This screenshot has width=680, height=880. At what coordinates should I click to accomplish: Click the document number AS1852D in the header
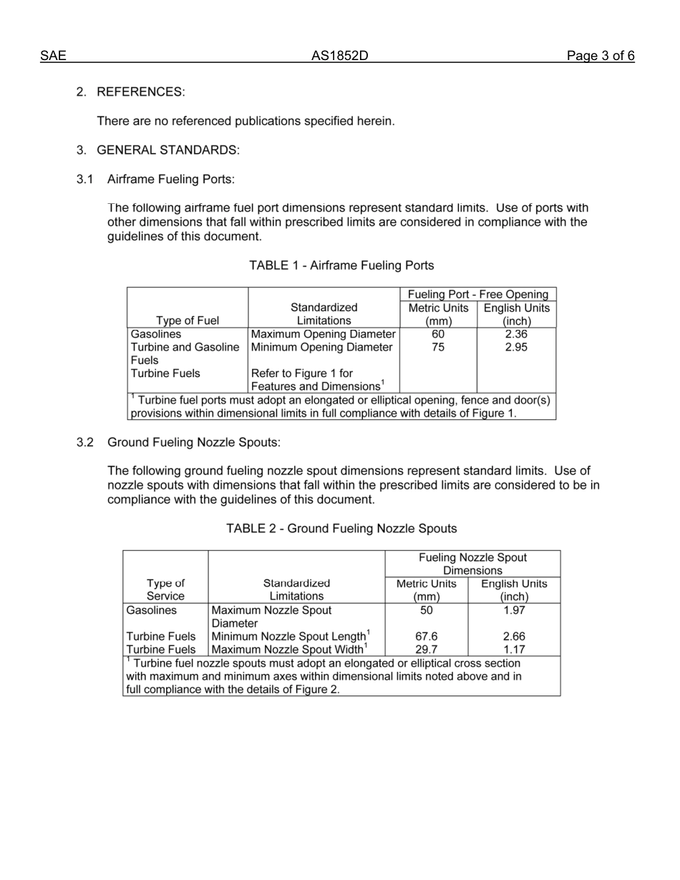click(339, 57)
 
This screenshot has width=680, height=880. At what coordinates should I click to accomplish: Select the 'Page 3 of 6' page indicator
click(601, 57)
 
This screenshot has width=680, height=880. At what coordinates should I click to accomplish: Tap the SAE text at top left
click(53, 57)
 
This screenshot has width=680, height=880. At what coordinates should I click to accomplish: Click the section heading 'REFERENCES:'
click(140, 92)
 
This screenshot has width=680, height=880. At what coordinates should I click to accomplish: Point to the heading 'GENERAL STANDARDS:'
click(168, 150)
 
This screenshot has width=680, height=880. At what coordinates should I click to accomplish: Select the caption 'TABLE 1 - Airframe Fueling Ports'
click(341, 265)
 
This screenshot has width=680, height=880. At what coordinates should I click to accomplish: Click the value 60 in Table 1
click(438, 334)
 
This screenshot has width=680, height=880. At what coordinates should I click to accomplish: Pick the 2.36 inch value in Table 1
click(516, 334)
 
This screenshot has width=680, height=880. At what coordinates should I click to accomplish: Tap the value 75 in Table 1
click(438, 348)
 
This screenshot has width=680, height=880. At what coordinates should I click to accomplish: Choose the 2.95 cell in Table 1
click(516, 348)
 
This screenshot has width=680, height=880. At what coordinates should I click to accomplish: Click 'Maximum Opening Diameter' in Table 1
click(324, 334)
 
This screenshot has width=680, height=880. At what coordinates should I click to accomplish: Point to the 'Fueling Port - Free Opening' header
click(478, 294)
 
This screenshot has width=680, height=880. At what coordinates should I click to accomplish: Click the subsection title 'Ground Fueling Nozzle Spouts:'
click(194, 442)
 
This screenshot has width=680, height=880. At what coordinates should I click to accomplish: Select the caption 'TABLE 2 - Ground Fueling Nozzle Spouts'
click(341, 529)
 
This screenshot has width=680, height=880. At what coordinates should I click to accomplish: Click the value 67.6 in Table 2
click(427, 637)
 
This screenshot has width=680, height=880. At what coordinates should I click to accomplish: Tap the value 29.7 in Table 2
click(427, 650)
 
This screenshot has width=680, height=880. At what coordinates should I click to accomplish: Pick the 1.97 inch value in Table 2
click(514, 610)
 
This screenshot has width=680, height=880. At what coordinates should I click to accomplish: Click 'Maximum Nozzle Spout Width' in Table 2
click(290, 650)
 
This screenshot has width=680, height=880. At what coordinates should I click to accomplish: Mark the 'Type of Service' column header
click(165, 590)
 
